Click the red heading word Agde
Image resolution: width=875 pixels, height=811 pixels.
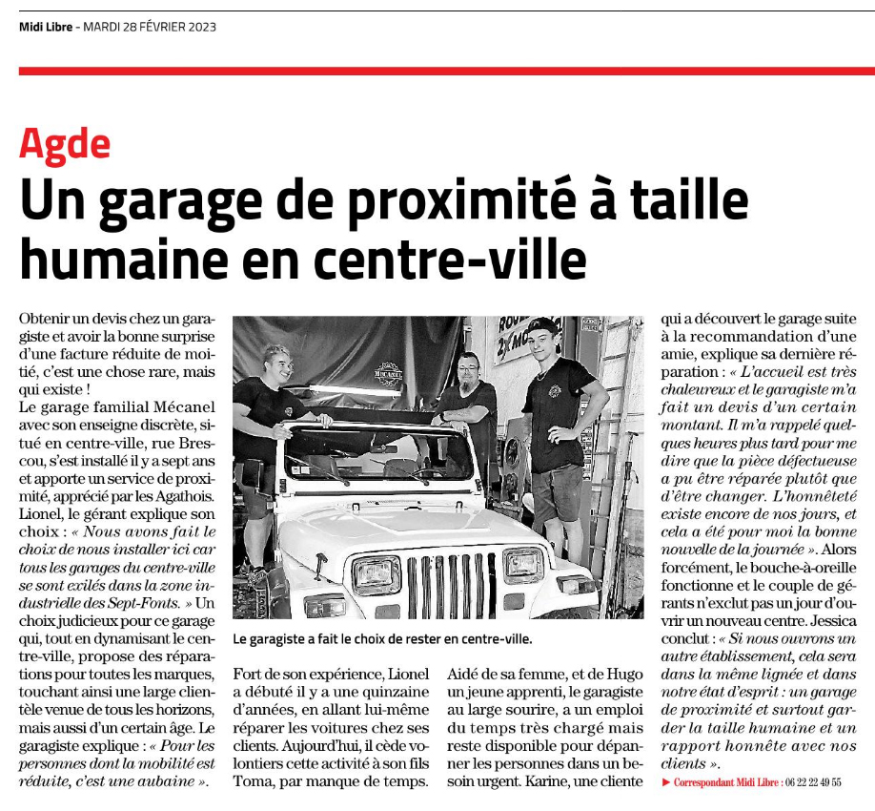(x=65, y=144)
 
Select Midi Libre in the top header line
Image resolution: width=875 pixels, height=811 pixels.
(x=47, y=27)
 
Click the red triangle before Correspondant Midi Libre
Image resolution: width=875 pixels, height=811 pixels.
(x=665, y=782)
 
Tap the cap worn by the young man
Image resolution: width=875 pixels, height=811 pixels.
(x=542, y=325)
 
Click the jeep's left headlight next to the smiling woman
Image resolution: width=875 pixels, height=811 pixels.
(x=376, y=574)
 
